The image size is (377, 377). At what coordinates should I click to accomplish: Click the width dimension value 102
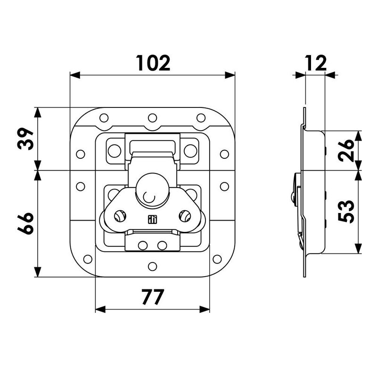point(153,63)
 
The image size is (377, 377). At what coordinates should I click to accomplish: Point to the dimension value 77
point(152,297)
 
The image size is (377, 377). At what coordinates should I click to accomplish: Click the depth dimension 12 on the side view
point(315,63)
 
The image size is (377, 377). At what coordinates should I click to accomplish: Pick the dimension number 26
point(346,150)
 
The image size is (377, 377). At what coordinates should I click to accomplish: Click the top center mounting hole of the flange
point(152,117)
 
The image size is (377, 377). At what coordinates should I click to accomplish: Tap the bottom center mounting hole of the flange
point(152,267)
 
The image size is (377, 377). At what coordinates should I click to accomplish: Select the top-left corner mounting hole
point(104,117)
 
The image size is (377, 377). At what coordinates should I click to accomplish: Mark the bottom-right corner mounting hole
point(217,259)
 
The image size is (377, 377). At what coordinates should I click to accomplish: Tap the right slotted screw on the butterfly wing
point(184,216)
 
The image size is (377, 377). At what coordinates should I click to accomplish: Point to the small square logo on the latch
point(152,219)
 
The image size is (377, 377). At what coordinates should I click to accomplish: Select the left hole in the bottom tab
point(142,245)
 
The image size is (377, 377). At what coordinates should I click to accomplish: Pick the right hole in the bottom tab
point(162,245)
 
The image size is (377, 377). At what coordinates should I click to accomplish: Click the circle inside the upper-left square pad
point(114,150)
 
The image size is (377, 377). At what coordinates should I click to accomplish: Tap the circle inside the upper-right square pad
point(190,150)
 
